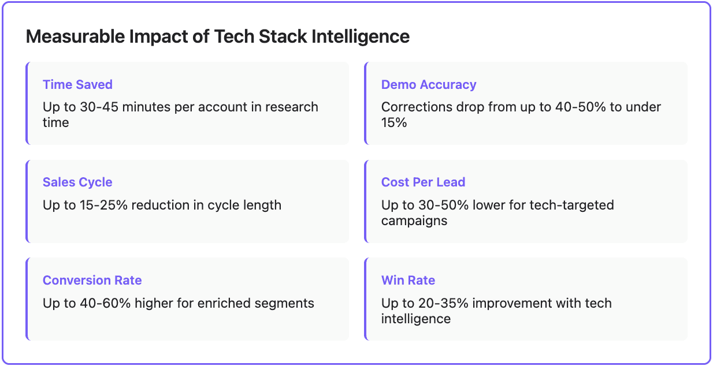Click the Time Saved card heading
[77, 85]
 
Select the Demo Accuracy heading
[429, 85]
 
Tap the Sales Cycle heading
[77, 182]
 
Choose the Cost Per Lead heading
[423, 182]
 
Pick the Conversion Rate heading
[92, 281]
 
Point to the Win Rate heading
[408, 281]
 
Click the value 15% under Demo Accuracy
[394, 122]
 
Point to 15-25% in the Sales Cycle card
[99, 205]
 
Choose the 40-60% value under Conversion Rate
[99, 303]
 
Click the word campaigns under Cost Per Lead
[414, 221]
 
